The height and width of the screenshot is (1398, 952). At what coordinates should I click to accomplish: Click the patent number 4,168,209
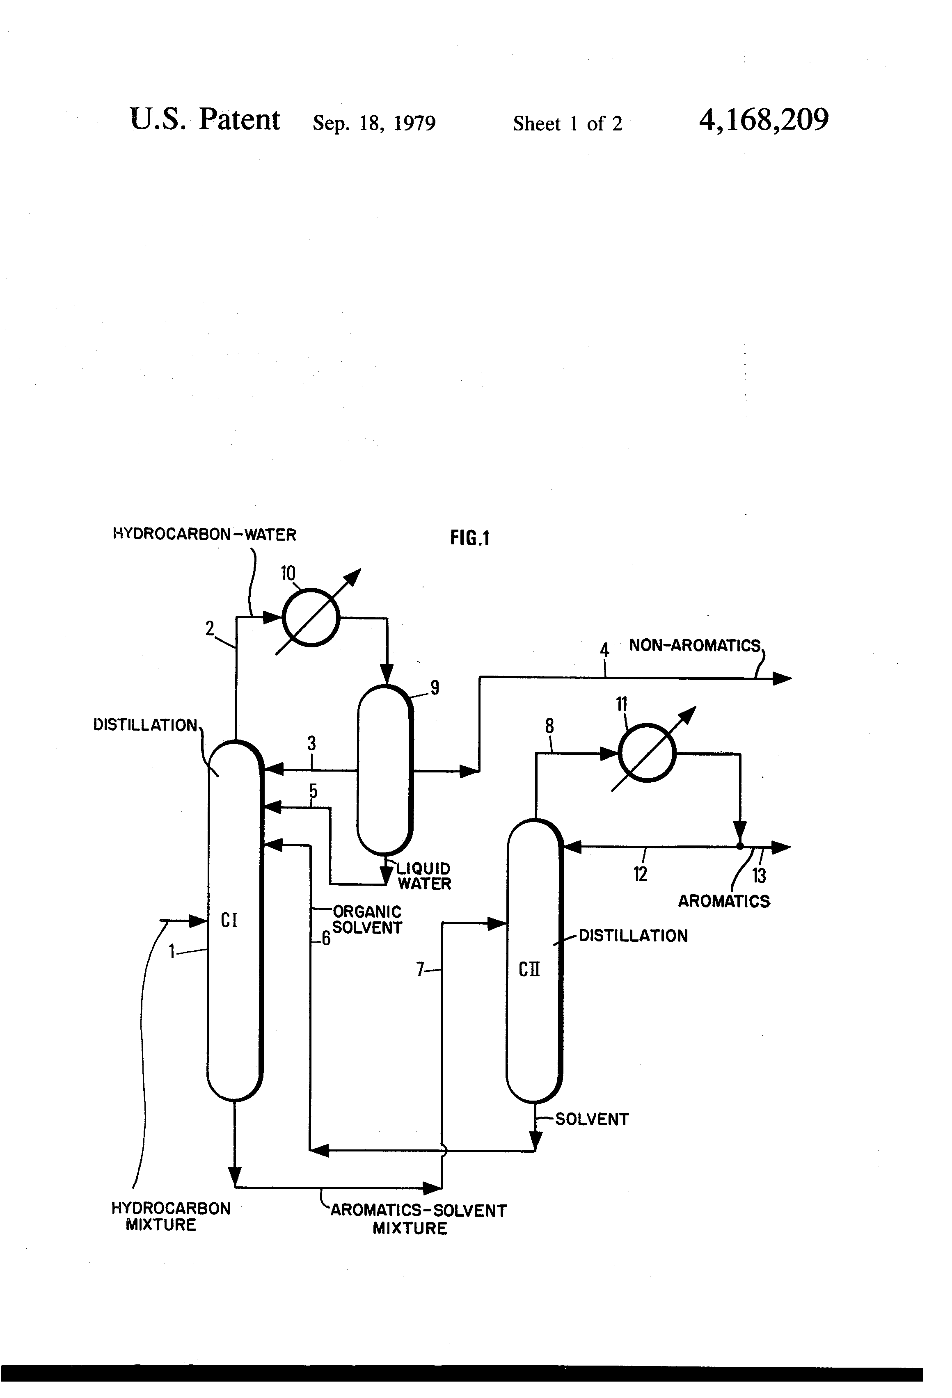(764, 120)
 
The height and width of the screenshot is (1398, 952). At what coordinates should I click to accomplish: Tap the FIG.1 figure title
(470, 538)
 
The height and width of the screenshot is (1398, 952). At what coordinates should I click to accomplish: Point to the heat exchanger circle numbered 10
(311, 617)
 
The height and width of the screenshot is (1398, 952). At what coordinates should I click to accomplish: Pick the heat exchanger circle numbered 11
(647, 753)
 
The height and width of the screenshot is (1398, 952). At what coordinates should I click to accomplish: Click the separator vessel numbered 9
(384, 771)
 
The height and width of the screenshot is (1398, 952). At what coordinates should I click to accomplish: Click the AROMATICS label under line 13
(724, 901)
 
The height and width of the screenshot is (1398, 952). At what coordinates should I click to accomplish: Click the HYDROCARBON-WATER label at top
(205, 534)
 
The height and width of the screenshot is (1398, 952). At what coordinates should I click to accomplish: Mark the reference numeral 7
(421, 970)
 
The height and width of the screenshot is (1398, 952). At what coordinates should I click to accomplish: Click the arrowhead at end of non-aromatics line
(782, 678)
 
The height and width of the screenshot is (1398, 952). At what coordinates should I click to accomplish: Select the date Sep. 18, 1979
(374, 123)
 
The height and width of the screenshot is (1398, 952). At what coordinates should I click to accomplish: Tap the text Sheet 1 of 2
(568, 123)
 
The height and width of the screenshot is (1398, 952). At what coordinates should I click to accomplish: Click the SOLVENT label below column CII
(592, 1119)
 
